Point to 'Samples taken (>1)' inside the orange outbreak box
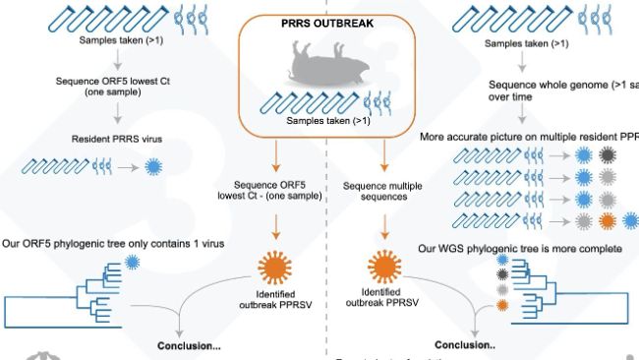point(327,121)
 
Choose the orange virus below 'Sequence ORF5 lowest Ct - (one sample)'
point(277,268)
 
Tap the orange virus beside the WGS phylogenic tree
point(502,306)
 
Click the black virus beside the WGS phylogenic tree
point(504,276)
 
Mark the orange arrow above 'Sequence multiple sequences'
point(382,157)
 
